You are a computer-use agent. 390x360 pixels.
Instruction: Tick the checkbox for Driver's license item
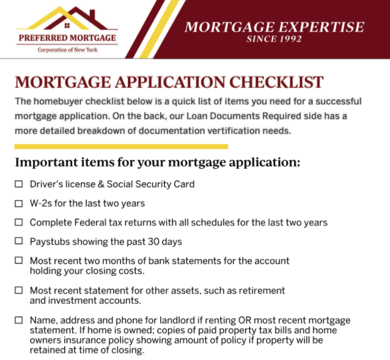click(x=19, y=184)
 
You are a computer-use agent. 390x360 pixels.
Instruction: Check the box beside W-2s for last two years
click(x=19, y=204)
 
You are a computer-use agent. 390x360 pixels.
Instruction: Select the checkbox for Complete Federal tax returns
click(x=19, y=222)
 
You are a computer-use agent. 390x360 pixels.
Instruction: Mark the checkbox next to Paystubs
click(x=19, y=241)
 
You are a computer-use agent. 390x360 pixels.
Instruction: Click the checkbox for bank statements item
click(x=19, y=260)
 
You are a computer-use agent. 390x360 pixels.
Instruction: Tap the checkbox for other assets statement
click(x=19, y=290)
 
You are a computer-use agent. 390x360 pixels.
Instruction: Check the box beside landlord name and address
click(x=19, y=320)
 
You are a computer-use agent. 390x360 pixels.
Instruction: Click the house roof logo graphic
click(x=67, y=18)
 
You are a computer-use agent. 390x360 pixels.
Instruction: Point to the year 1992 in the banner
click(x=291, y=39)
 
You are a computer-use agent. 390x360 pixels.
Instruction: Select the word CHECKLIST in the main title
click(x=276, y=83)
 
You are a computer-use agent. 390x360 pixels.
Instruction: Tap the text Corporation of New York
click(x=67, y=50)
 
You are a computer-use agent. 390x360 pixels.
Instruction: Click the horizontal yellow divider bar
click(x=121, y=147)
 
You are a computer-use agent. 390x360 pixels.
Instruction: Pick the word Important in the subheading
click(x=46, y=163)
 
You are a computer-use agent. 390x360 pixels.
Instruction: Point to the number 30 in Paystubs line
click(x=153, y=241)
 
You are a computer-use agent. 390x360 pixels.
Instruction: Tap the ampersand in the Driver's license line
click(x=101, y=184)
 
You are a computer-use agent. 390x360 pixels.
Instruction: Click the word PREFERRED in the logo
click(x=43, y=38)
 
